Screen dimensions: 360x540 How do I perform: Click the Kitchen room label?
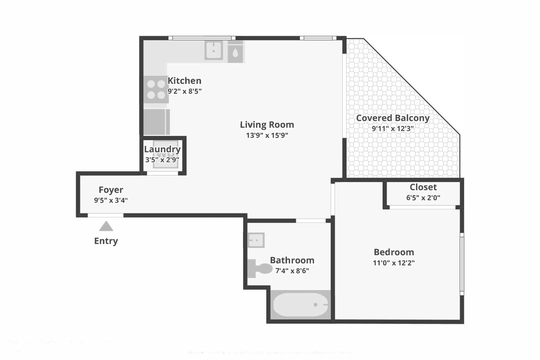[x=184, y=81]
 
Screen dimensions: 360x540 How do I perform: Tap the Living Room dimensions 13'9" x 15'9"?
[x=267, y=135]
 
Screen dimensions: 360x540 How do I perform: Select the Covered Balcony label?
[x=392, y=118]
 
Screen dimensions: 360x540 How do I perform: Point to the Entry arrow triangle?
[x=106, y=226]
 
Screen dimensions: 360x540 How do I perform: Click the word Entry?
[x=106, y=241]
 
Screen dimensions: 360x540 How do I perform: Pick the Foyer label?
[x=111, y=190]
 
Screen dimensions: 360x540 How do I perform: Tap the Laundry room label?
[x=162, y=149]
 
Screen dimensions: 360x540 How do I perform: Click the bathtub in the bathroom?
[x=300, y=305]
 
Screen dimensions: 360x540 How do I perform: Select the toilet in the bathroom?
[x=259, y=268]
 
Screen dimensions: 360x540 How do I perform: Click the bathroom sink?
[x=256, y=240]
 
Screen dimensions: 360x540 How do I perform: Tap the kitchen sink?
[x=214, y=51]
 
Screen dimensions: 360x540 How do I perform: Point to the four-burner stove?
[x=156, y=90]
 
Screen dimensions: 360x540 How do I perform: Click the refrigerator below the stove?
[x=156, y=122]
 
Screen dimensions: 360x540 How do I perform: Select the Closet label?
[x=423, y=187]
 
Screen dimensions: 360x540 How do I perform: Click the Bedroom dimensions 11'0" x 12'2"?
[x=394, y=263]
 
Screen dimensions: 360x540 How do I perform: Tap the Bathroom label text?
[x=292, y=260]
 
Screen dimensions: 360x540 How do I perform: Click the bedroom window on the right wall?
[x=462, y=264]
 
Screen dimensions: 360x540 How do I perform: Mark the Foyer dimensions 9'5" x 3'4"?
[x=111, y=201]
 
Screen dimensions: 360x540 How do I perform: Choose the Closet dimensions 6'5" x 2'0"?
[x=423, y=197]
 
